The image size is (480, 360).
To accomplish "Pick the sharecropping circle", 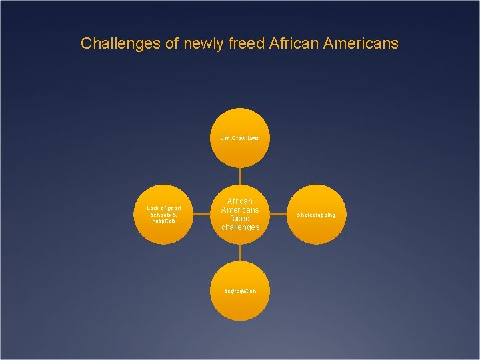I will [x=317, y=215].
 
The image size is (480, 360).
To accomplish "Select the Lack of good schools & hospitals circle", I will [x=163, y=215].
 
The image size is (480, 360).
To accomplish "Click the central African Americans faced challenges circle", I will [x=240, y=214].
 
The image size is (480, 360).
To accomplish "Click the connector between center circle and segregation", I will [x=240, y=252].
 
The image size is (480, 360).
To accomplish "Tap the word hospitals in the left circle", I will [x=163, y=221].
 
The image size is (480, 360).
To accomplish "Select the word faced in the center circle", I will [x=240, y=219].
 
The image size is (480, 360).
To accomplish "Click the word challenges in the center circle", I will [x=240, y=227].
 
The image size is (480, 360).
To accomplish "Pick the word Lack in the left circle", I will [x=153, y=208].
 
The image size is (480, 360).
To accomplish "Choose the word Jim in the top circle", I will [x=225, y=138].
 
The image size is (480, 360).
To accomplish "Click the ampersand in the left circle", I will [x=174, y=215].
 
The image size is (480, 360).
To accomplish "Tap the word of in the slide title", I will [x=162, y=44].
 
